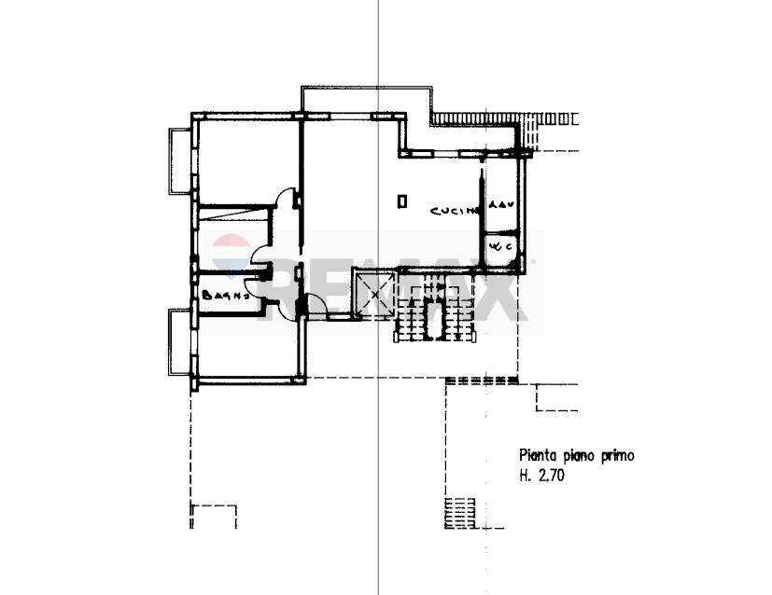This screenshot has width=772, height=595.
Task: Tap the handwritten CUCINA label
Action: click(455, 212)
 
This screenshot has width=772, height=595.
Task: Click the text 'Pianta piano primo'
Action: click(576, 456)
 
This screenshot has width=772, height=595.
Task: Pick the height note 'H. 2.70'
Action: click(541, 475)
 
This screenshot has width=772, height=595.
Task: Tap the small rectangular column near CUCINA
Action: click(401, 201)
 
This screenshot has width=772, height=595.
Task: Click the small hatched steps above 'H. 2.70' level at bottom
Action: click(459, 512)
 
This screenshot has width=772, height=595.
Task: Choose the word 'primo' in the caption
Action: click(617, 456)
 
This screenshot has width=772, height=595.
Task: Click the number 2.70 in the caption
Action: click(551, 475)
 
